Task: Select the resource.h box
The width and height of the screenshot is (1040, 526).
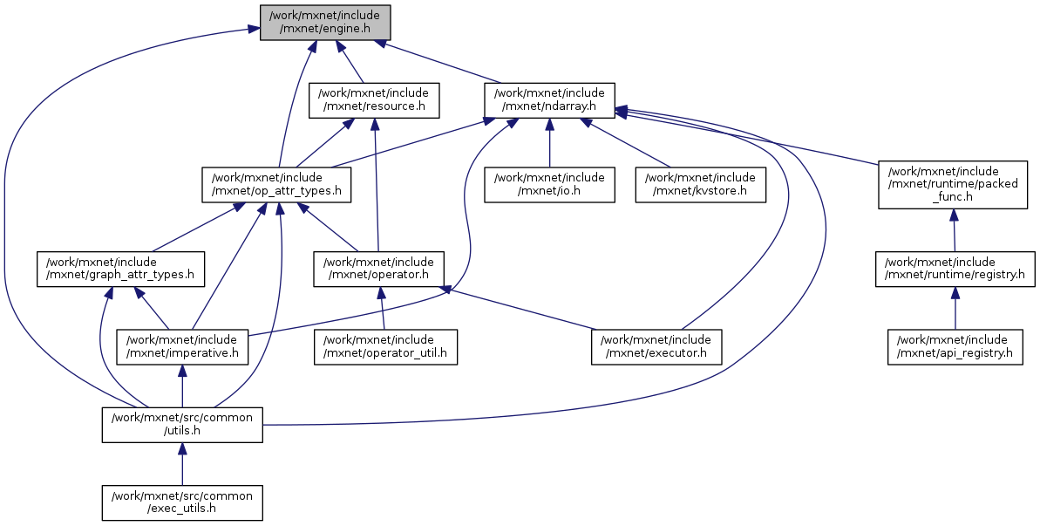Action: (374, 100)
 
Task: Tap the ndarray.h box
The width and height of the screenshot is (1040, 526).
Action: (550, 100)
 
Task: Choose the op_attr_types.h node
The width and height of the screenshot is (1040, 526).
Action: (276, 185)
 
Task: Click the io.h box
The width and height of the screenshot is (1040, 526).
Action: (550, 185)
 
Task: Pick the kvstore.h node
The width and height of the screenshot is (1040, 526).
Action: (701, 185)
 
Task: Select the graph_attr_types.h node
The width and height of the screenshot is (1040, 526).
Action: (120, 270)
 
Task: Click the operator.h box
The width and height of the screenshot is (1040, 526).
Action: (379, 270)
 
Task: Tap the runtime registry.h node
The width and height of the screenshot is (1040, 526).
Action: (955, 270)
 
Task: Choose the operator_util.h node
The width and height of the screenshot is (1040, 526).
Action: (385, 347)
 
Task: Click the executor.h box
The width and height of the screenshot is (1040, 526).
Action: (657, 347)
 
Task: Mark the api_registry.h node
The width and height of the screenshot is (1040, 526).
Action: (955, 347)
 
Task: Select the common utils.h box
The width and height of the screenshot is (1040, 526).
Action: (182, 425)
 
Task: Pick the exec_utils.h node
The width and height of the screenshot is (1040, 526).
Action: (182, 502)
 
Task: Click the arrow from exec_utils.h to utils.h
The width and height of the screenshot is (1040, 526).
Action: (182, 463)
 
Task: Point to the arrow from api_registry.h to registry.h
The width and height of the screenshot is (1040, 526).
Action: (955, 309)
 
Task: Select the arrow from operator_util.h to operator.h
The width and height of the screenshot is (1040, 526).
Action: (382, 309)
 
